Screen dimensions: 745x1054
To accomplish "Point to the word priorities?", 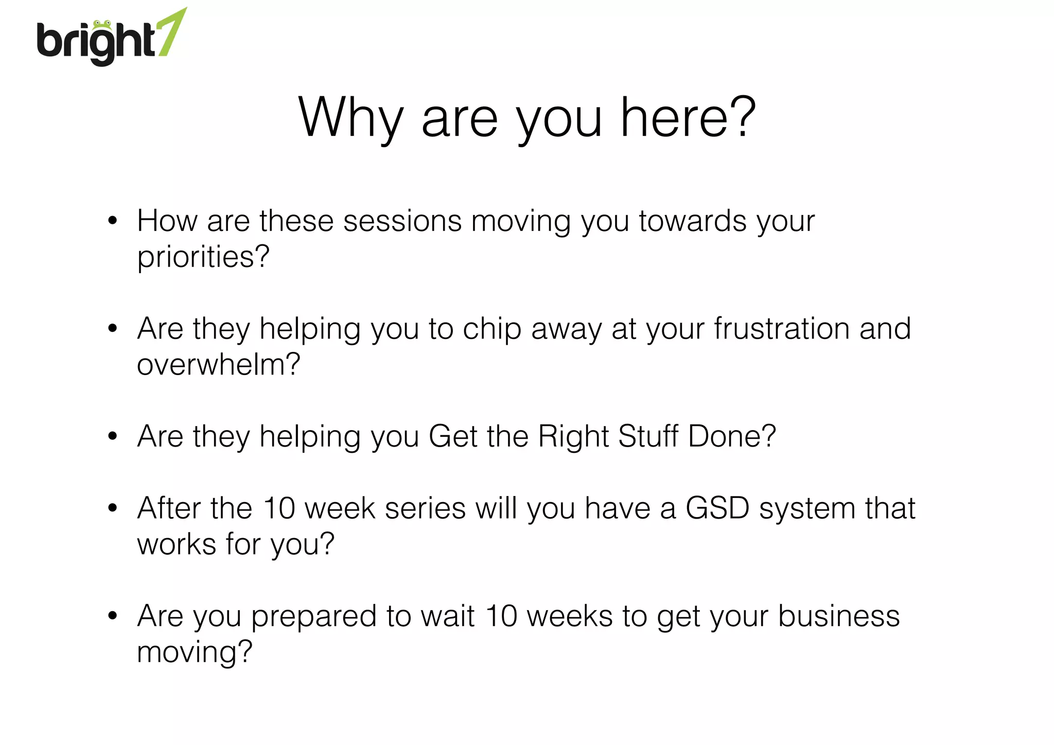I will (x=203, y=257).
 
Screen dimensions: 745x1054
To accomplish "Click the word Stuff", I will (x=648, y=436).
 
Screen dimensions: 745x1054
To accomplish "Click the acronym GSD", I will (x=717, y=508).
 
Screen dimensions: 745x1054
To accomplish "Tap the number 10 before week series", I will (x=279, y=508).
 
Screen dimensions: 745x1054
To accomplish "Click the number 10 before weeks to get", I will (x=501, y=616).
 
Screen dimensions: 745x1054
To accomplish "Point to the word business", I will (x=839, y=616).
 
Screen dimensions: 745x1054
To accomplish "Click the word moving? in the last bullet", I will (x=195, y=652).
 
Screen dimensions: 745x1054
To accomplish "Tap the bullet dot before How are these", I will (x=113, y=221).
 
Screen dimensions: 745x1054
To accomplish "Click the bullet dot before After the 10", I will (x=113, y=509).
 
